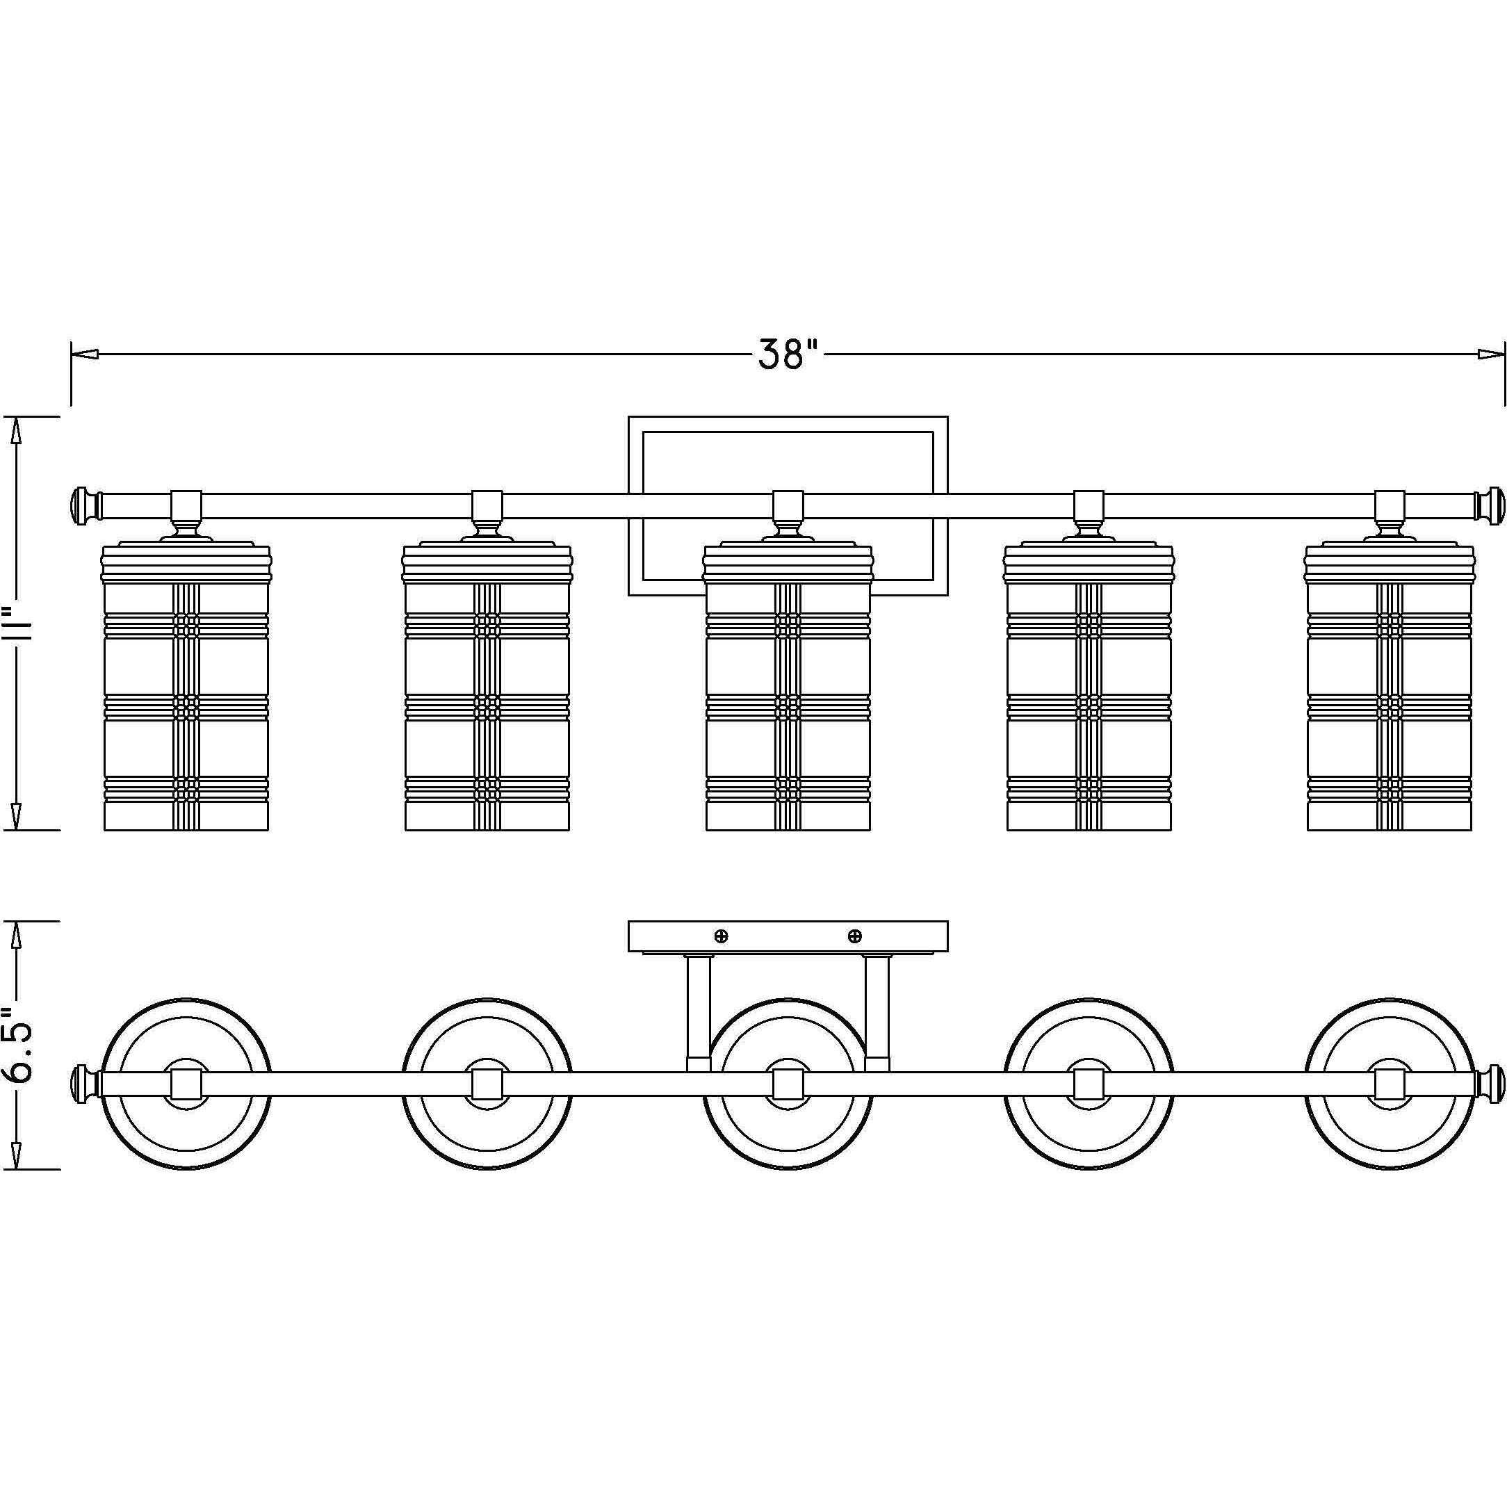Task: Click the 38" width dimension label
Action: pyautogui.click(x=790, y=355)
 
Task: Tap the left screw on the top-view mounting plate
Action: pyautogui.click(x=722, y=935)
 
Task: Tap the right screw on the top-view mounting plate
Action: pyautogui.click(x=855, y=935)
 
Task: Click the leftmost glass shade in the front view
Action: pyautogui.click(x=186, y=686)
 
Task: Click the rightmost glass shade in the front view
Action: pyautogui.click(x=1390, y=686)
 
